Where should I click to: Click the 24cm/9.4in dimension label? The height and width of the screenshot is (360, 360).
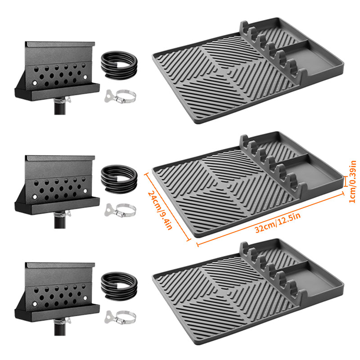[160, 210]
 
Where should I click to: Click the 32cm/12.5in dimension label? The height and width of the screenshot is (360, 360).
[278, 223]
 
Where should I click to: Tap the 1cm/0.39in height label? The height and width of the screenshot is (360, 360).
[352, 182]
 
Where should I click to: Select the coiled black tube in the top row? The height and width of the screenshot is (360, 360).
[119, 65]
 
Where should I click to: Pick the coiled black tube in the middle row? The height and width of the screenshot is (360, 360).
[119, 179]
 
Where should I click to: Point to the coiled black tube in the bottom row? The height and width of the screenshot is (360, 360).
[119, 286]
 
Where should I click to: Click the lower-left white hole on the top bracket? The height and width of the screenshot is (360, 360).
[35, 83]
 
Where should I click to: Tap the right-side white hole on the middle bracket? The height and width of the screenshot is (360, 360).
[85, 191]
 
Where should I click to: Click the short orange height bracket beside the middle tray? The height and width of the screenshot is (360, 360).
[345, 182]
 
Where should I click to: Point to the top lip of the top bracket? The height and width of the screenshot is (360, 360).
[60, 44]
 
